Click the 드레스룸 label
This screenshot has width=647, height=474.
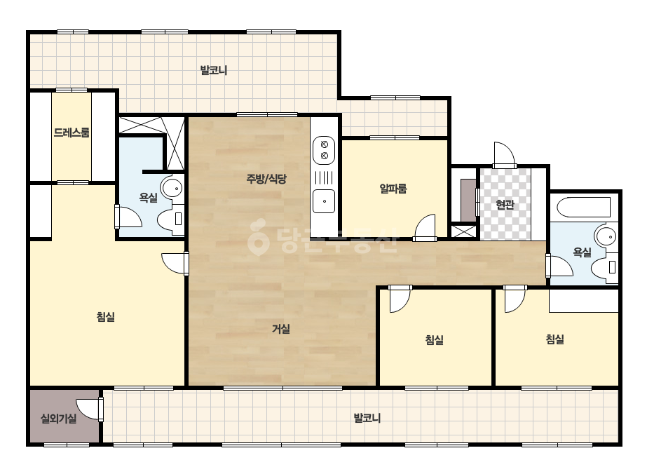(71, 133)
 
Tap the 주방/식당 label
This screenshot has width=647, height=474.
(266, 179)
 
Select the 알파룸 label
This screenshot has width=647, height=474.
(393, 189)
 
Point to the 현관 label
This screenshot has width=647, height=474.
(505, 204)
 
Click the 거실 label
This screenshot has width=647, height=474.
(281, 329)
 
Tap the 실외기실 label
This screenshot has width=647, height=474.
(59, 419)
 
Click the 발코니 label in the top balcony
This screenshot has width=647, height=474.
(214, 70)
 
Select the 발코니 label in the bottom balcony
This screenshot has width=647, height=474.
(367, 419)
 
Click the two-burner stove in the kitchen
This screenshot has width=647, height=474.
(324, 150)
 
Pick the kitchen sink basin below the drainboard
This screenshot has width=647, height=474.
(324, 201)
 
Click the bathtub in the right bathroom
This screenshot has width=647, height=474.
(583, 208)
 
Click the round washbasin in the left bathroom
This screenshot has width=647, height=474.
(172, 189)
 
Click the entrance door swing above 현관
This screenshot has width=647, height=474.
(505, 155)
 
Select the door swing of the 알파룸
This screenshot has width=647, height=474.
(425, 227)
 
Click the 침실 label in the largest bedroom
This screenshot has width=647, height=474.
(106, 317)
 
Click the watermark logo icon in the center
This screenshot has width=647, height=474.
(257, 238)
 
